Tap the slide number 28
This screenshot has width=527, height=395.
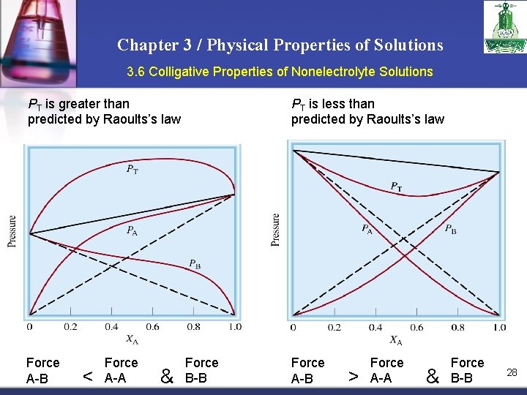(x=512, y=372)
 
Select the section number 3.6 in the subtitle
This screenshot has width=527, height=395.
(x=136, y=72)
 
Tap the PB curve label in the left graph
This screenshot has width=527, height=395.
(x=195, y=263)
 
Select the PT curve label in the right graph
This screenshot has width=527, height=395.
(x=395, y=187)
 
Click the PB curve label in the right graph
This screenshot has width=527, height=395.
(x=451, y=229)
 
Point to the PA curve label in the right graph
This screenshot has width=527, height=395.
(x=367, y=229)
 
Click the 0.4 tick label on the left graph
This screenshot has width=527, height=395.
(x=111, y=326)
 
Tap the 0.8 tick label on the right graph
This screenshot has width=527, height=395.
(x=457, y=327)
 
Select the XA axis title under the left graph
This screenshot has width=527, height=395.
(x=131, y=339)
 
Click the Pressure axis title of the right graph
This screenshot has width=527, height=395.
(x=275, y=229)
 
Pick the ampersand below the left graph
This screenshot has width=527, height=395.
(x=166, y=377)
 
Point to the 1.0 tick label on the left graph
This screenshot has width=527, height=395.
(x=234, y=326)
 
